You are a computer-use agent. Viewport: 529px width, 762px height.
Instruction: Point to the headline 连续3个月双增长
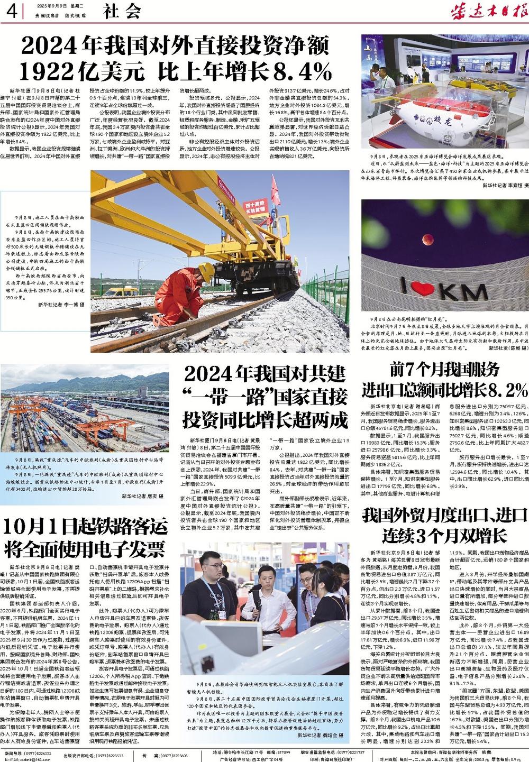[x=445, y=536]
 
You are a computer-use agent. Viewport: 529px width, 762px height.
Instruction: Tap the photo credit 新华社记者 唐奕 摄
[x=142, y=495]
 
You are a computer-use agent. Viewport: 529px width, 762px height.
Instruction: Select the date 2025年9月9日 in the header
[x=53, y=5]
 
